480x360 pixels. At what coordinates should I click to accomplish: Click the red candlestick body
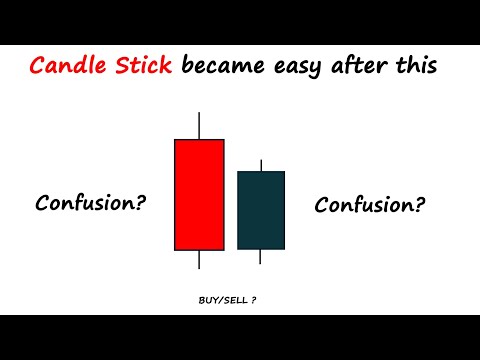tap(199, 194)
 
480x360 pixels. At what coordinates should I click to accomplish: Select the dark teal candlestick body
tap(261, 210)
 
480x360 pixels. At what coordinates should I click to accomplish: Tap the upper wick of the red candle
tap(199, 126)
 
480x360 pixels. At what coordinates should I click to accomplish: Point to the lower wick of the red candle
tap(199, 260)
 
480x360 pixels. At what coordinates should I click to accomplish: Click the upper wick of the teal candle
tap(261, 165)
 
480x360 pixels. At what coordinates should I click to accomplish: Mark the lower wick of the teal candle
tap(261, 257)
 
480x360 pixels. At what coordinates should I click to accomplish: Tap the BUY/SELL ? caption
tap(228, 299)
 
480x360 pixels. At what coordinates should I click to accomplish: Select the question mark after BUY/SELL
tap(254, 299)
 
